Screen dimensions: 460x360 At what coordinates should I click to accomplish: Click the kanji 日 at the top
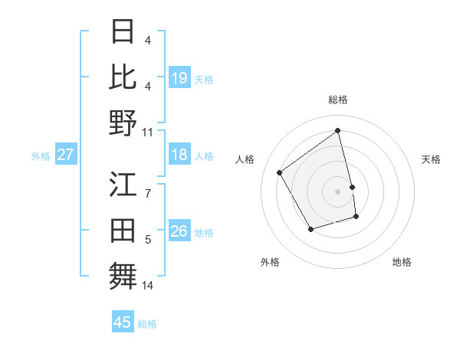[123, 32]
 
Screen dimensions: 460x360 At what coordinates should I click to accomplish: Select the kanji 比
[123, 77]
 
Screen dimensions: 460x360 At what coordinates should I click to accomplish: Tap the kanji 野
[123, 123]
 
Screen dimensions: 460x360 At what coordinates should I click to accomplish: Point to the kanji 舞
[123, 277]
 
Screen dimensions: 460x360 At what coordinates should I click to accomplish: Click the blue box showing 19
[179, 78]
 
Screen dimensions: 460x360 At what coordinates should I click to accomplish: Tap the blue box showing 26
[179, 232]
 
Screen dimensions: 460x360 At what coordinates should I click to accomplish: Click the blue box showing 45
[123, 322]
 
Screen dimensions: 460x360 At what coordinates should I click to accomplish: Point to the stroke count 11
[148, 132]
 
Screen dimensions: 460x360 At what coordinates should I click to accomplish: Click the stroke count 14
[148, 286]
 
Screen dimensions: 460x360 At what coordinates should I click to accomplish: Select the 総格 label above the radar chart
[338, 100]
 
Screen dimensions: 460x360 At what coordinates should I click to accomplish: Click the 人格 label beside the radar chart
[245, 159]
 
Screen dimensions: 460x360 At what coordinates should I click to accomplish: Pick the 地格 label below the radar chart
[402, 262]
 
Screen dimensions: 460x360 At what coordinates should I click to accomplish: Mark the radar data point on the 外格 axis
[310, 229]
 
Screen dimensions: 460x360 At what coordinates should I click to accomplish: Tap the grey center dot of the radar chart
[338, 191]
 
